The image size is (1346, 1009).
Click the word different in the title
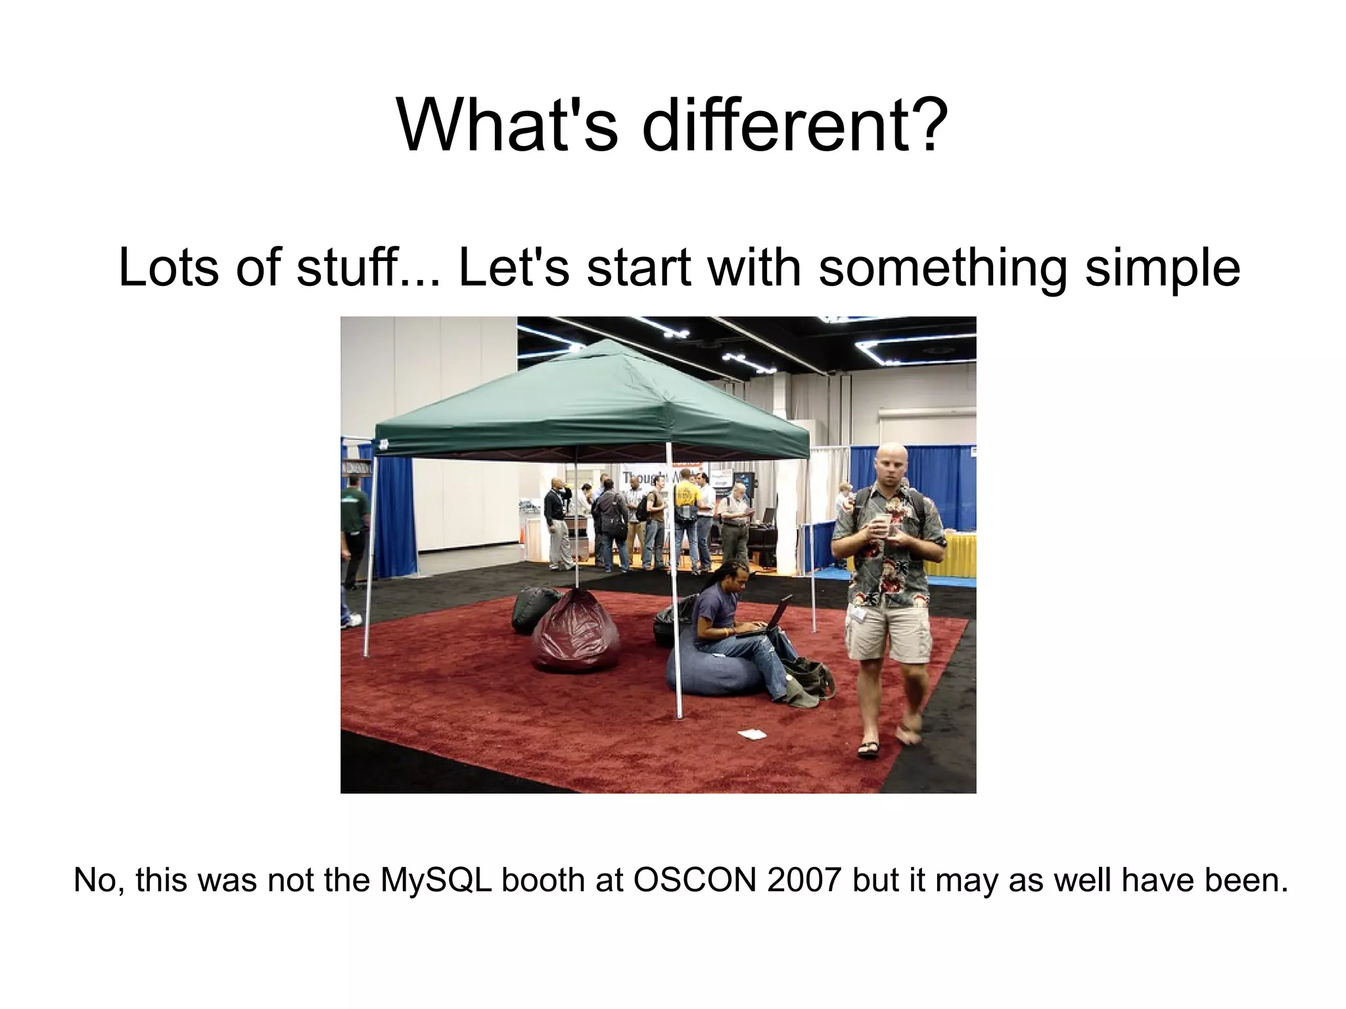pos(795,125)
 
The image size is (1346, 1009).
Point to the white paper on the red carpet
pos(752,734)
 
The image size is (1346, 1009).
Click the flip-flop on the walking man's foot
pos(868,749)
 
